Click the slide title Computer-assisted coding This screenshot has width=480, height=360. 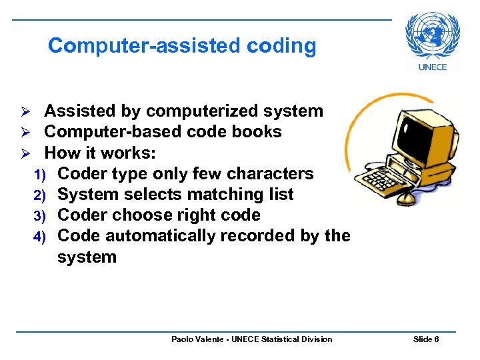[x=182, y=45]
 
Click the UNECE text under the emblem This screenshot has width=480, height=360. [x=433, y=67]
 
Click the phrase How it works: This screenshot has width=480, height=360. [x=100, y=153]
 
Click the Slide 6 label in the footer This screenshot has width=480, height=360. [x=426, y=339]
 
